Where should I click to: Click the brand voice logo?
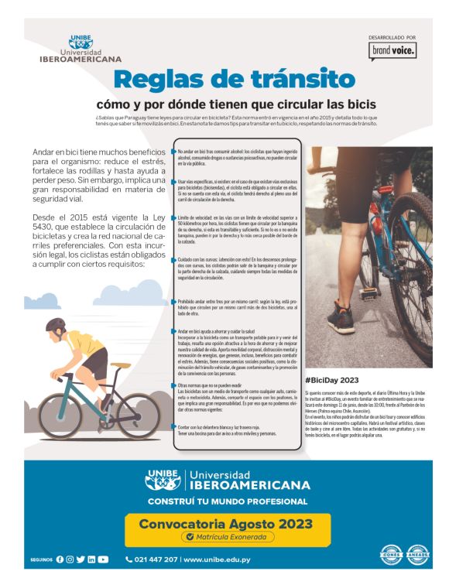coord(392,50)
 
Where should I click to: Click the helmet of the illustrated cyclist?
coord(56,324)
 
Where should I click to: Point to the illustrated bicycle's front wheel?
coord(139,416)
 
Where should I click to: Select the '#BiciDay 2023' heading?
coord(332,380)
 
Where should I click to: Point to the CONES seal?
coord(390,554)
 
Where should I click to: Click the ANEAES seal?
coord(418,554)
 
